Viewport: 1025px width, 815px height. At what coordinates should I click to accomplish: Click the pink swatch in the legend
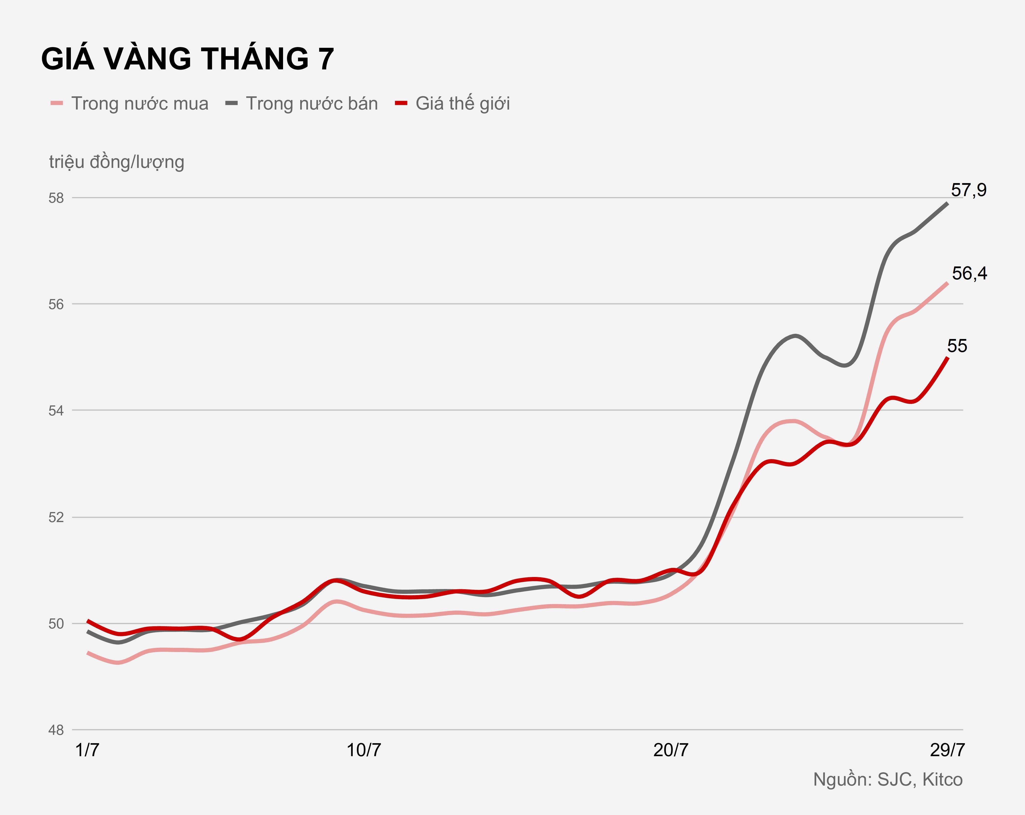57,104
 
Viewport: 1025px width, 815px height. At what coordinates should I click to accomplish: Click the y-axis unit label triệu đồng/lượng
117,162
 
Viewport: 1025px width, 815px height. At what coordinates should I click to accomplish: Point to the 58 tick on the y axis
56,198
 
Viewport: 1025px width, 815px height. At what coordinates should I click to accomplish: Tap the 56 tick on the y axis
56,305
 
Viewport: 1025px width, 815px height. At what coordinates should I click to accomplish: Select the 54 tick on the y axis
56,411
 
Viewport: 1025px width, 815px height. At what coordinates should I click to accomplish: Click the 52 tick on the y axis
56,517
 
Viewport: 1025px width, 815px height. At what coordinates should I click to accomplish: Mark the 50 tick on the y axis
56,624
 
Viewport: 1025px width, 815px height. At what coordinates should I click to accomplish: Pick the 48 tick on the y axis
56,730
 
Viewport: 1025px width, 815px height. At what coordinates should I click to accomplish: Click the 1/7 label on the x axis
88,750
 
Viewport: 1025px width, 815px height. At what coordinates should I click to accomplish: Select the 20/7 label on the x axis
670,750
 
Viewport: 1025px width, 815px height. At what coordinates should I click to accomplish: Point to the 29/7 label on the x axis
947,750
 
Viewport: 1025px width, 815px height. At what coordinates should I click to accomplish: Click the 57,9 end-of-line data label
968,190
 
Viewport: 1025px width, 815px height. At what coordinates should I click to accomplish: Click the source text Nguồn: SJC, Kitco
888,780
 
